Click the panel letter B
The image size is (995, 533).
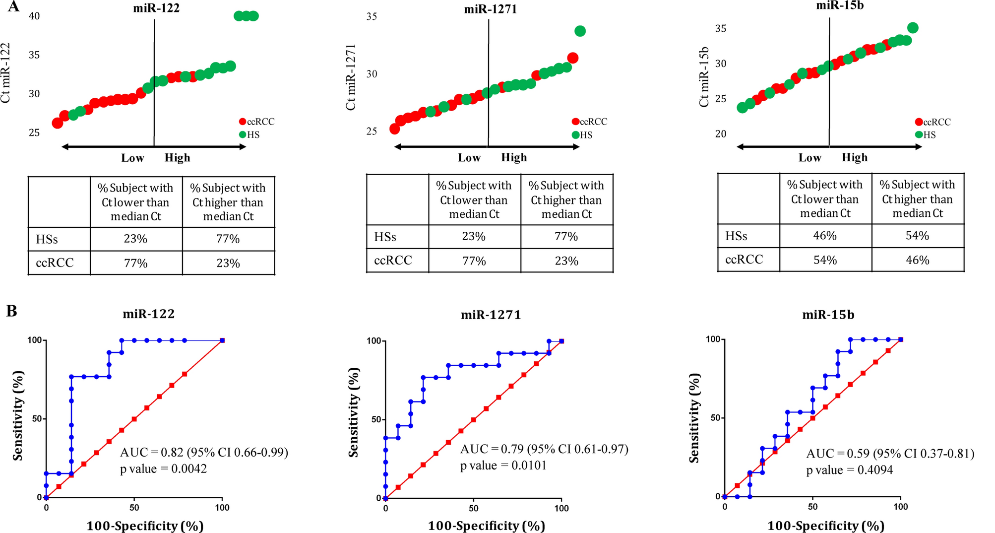pyautogui.click(x=12, y=311)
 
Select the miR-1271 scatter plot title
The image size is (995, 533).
pyautogui.click(x=491, y=9)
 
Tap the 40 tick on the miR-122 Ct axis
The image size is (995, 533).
pyautogui.click(x=34, y=16)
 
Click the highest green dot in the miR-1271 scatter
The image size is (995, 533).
pyautogui.click(x=580, y=31)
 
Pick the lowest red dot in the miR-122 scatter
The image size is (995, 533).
pyautogui.click(x=58, y=123)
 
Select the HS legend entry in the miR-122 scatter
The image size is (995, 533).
pyautogui.click(x=249, y=134)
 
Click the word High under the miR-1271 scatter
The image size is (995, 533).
pyautogui.click(x=514, y=158)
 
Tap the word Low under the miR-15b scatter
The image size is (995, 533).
pyautogui.click(x=809, y=158)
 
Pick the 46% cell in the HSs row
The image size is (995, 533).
pyautogui.click(x=825, y=236)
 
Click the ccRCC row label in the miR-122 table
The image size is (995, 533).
pyautogui.click(x=55, y=263)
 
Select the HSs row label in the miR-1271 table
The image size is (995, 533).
pyautogui.click(x=385, y=237)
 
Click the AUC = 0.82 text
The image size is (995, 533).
pyautogui.click(x=204, y=452)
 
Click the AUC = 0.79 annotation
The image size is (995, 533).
pyautogui.click(x=544, y=449)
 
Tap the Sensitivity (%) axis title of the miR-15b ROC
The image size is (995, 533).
pyautogui.click(x=694, y=418)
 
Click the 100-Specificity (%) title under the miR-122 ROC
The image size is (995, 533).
pyautogui.click(x=145, y=526)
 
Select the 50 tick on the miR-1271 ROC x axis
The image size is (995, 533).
pyautogui.click(x=474, y=508)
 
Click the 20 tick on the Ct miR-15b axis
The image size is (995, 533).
pyautogui.click(x=720, y=134)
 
